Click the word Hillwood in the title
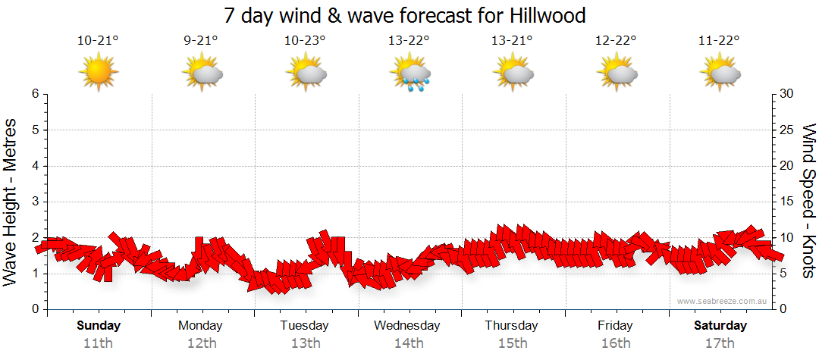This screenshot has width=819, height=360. tap(542, 15)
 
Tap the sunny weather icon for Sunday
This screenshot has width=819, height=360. tap(99, 73)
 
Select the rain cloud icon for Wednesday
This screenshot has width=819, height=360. tap(409, 74)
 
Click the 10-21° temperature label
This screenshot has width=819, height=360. tap(99, 41)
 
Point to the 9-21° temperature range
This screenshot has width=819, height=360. tap(201, 41)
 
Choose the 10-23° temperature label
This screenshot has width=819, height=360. tap(305, 41)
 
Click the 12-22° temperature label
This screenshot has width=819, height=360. tap(616, 41)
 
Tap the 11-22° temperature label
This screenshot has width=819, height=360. tap(719, 41)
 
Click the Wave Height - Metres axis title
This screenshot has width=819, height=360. tap(11, 201)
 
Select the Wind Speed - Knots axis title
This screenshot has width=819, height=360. tap(808, 201)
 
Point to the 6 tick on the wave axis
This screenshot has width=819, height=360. tap(34, 94)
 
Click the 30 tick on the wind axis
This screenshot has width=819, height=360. tap(786, 94)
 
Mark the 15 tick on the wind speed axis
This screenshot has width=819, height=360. tap(786, 202)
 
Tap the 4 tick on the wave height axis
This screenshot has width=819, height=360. tap(34, 166)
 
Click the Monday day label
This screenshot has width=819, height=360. tap(201, 326)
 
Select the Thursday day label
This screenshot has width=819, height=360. tap(512, 326)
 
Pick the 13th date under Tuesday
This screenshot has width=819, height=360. tap(305, 343)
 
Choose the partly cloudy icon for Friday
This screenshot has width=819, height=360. tap(616, 74)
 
